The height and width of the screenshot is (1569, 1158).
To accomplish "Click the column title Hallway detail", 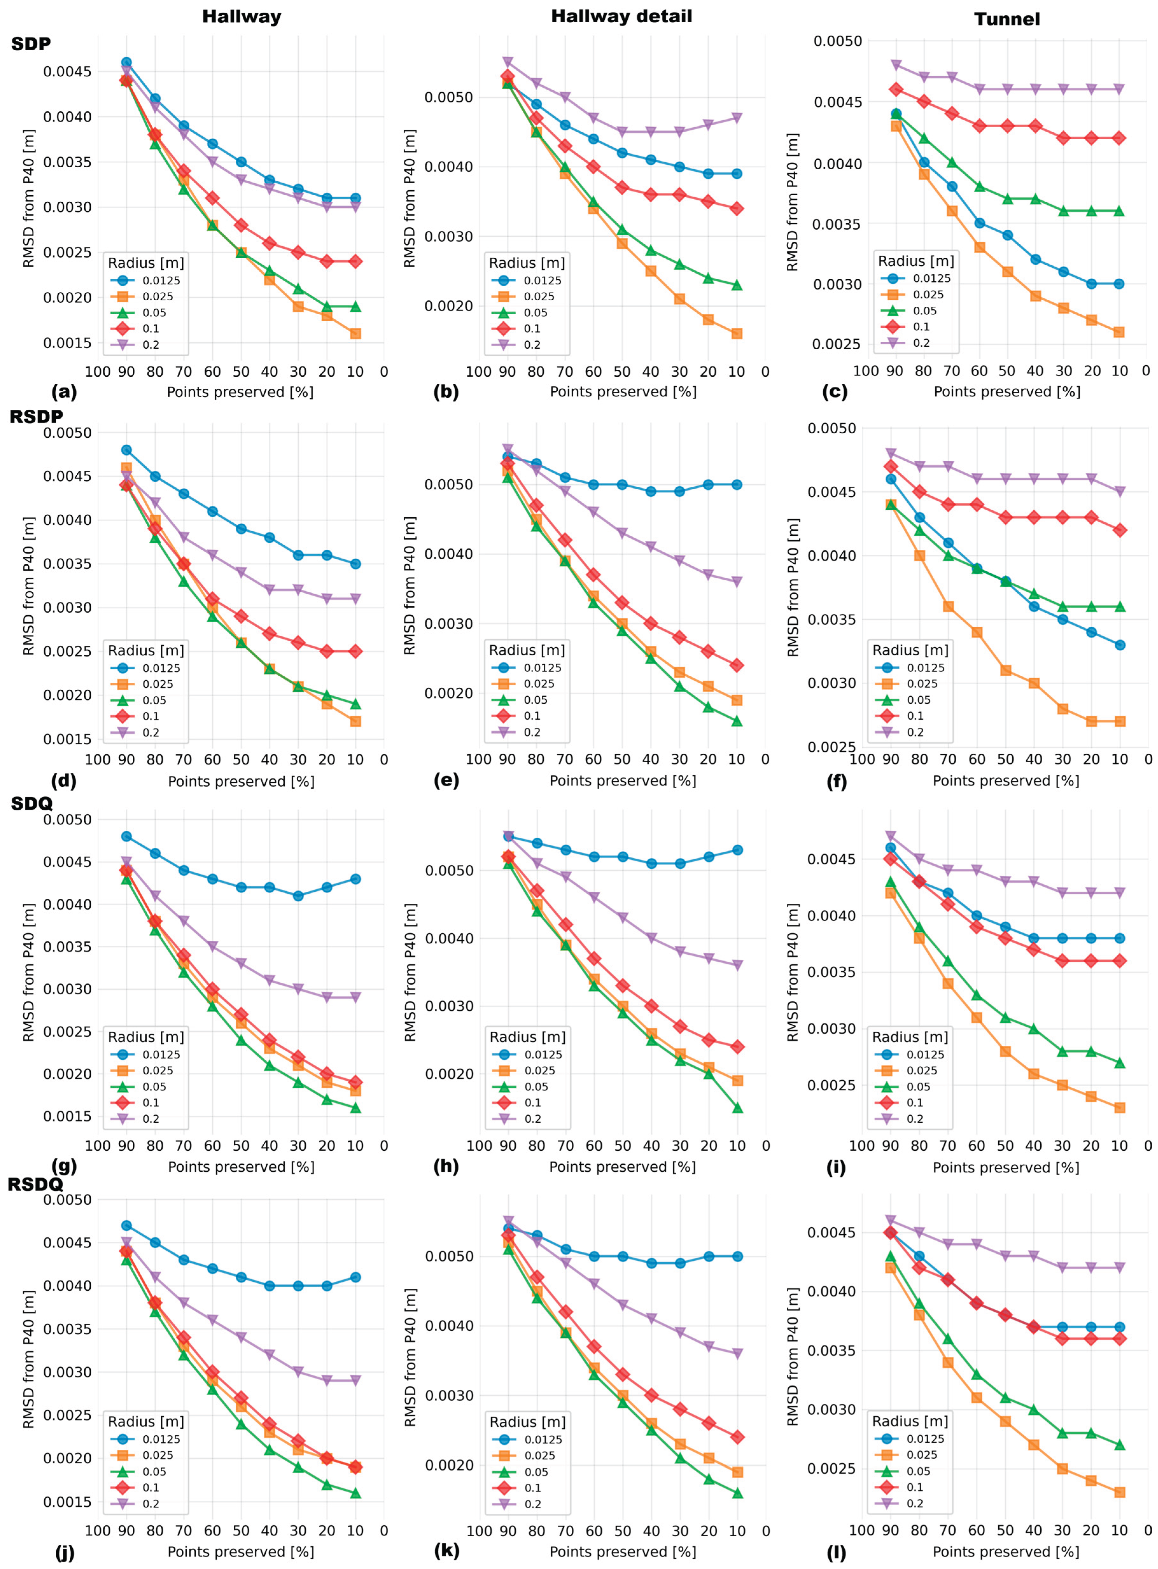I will [621, 16].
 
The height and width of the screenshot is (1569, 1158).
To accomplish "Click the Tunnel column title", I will [1007, 19].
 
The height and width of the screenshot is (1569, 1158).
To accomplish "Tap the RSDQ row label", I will [35, 1184].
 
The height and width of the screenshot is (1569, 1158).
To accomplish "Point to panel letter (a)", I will [65, 392].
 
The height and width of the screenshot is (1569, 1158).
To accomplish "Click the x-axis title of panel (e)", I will [623, 781].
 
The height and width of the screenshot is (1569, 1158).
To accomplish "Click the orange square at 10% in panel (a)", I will [355, 334].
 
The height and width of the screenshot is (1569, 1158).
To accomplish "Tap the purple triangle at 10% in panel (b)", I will [737, 118].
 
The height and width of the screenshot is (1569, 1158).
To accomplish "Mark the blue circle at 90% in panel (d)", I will [126, 450].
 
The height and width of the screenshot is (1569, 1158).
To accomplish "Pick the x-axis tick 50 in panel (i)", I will [1005, 1146].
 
